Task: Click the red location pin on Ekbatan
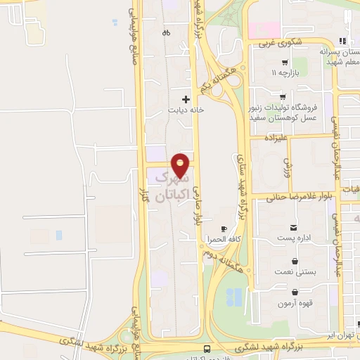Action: coord(181,165)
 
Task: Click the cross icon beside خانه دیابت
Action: coord(186,99)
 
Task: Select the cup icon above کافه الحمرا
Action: coord(224,229)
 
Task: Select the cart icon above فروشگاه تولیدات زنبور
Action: coord(283,97)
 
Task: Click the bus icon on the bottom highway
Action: coord(207,349)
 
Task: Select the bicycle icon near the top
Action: coord(166,32)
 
